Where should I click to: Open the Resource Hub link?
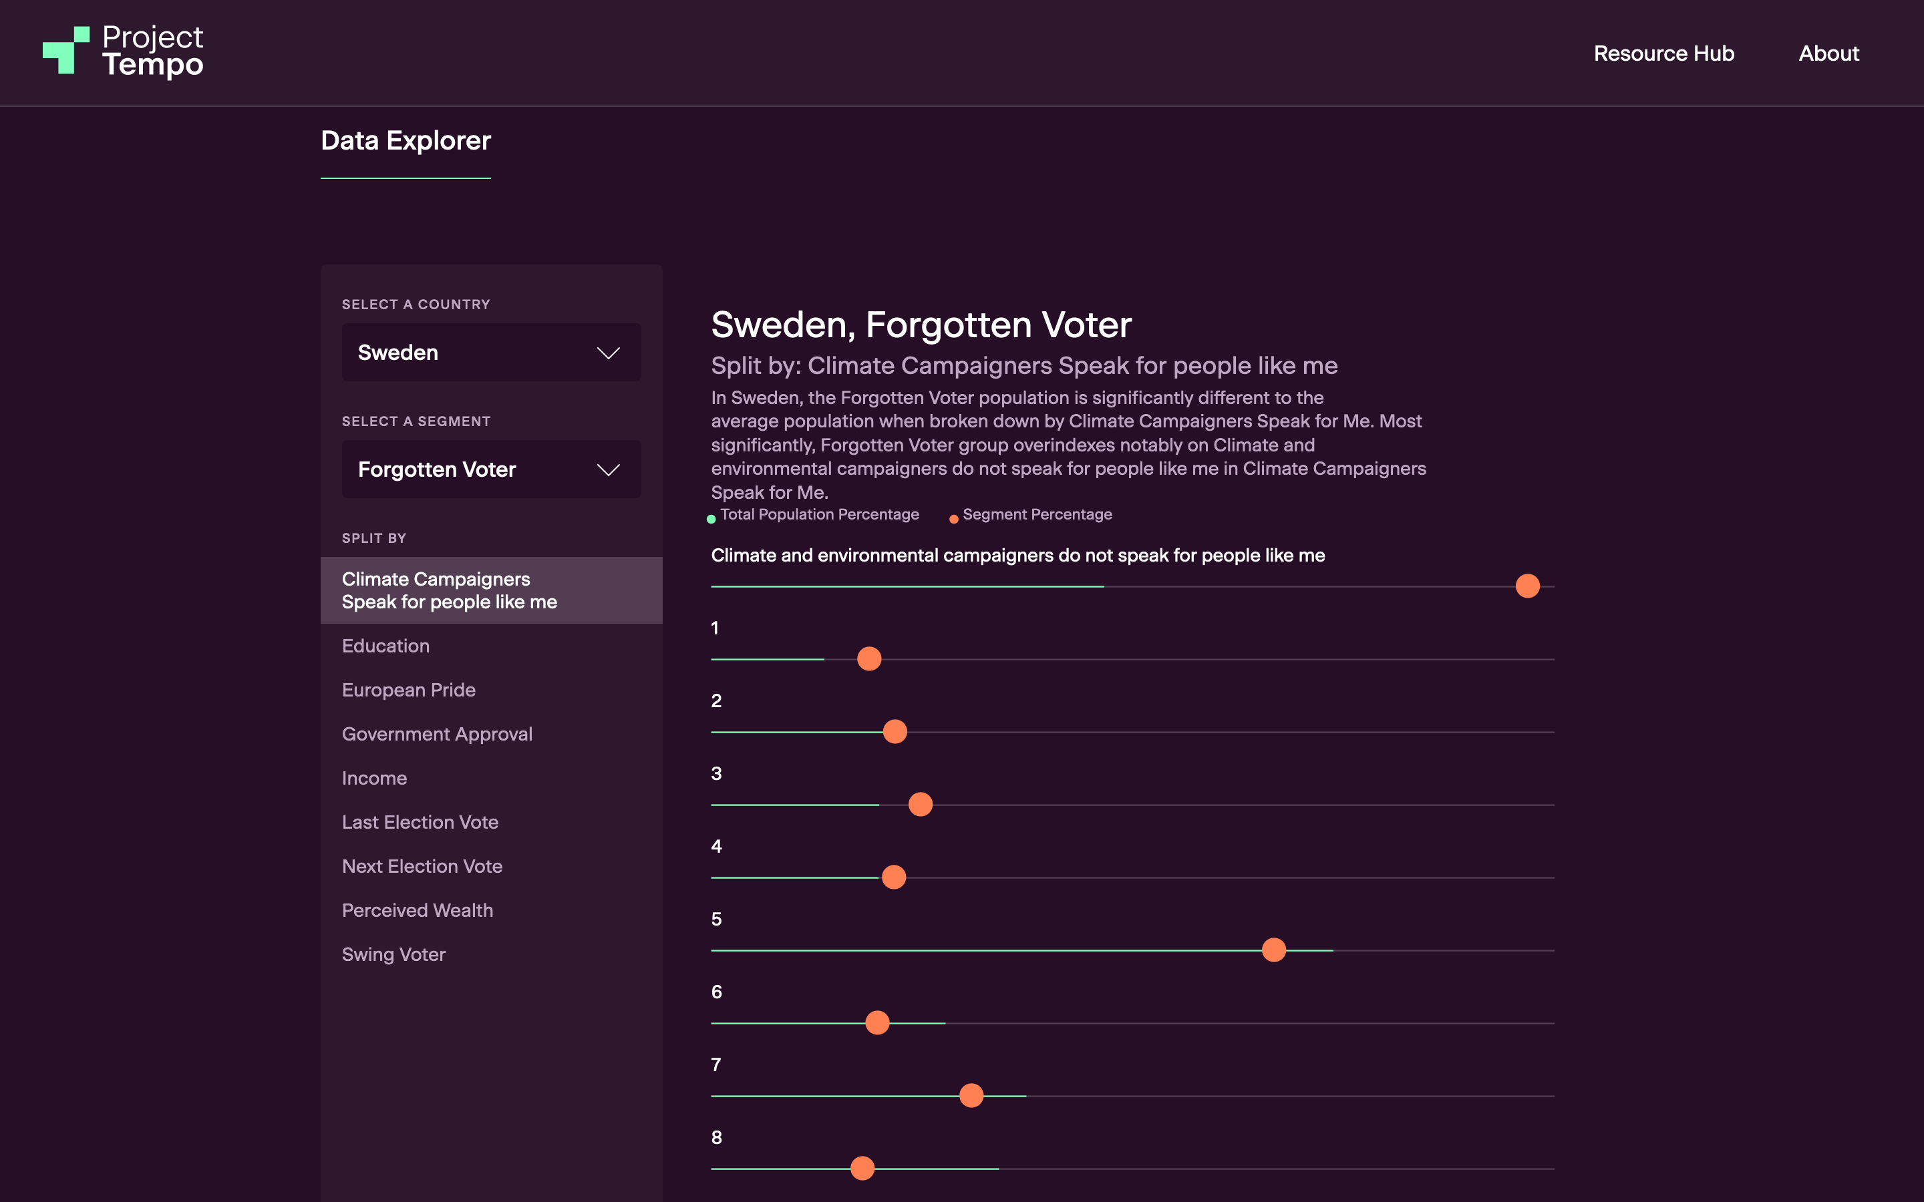pos(1663,53)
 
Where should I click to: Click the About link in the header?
pos(1828,53)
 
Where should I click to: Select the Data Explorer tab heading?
pos(406,141)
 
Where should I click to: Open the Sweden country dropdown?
pos(490,352)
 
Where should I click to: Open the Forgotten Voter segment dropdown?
pos(490,469)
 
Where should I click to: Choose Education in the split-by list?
pos(385,646)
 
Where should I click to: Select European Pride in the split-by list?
pos(409,690)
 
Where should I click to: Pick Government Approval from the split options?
pos(436,734)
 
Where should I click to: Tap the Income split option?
pos(375,778)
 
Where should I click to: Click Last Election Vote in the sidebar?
pos(420,822)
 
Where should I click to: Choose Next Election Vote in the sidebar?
pos(422,867)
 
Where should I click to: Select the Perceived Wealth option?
pos(418,910)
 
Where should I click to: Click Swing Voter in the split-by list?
pos(393,954)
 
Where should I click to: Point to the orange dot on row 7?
pos(971,1095)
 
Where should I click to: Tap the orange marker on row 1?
pos(869,659)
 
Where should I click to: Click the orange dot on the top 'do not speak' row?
pos(1527,586)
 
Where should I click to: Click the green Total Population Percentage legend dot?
pos(711,519)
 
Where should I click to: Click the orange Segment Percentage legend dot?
pos(953,519)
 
